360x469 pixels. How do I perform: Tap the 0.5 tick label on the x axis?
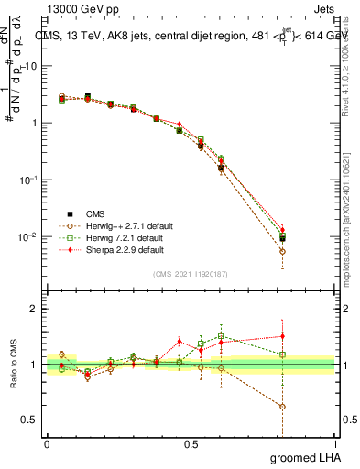point(191,444)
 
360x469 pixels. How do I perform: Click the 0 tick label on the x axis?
point(47,444)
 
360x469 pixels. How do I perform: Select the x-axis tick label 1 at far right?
point(334,444)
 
